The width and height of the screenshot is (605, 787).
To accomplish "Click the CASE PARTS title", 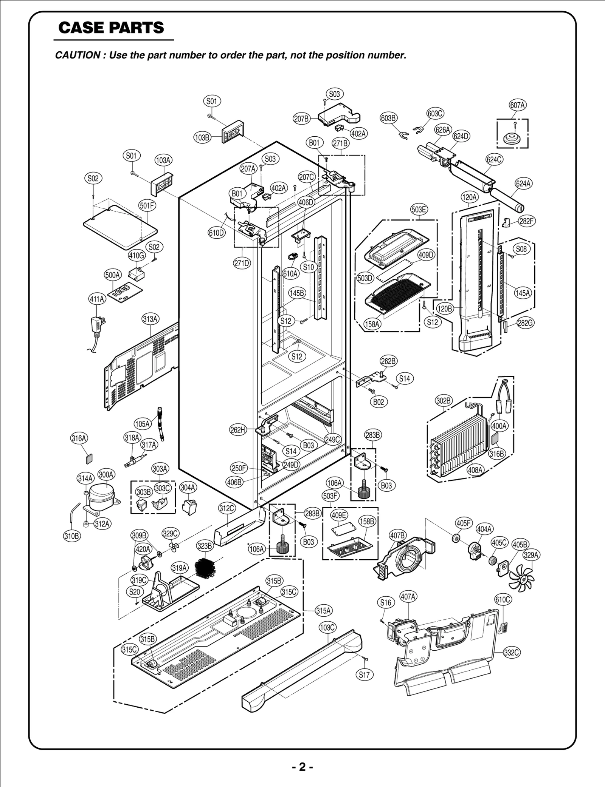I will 111,28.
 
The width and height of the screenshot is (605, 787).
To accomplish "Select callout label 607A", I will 517,105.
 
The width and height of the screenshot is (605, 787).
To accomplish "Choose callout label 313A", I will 150,319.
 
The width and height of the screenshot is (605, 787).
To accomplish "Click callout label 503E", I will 419,210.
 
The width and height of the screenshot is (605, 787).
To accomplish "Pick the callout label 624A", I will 523,184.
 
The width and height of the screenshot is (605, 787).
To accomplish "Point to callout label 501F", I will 147,205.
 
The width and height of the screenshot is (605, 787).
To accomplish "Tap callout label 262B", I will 389,361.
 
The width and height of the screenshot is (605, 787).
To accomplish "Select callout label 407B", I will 398,535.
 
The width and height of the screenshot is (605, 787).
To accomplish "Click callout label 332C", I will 512,653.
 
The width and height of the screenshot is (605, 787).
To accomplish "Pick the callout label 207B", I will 301,119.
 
